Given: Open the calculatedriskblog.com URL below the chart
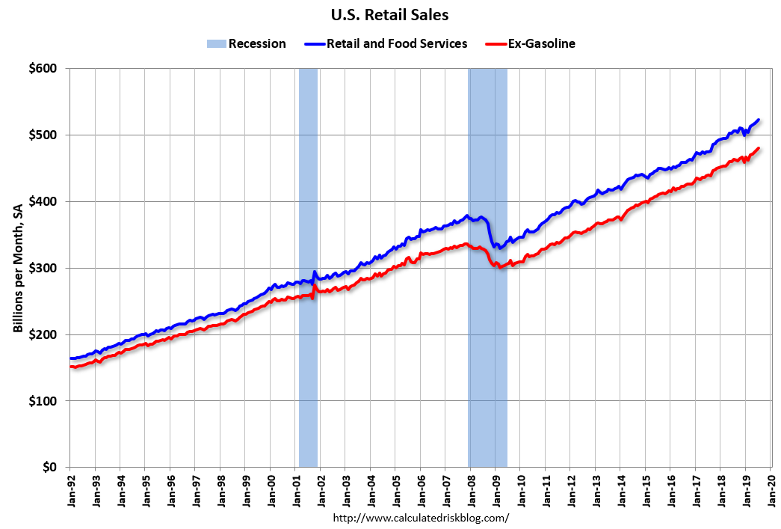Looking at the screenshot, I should tap(420, 517).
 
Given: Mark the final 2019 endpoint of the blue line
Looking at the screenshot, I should tap(759, 120).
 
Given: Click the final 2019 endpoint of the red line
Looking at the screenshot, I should tap(759, 148).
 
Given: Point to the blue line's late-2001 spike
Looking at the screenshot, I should tap(315, 272).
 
